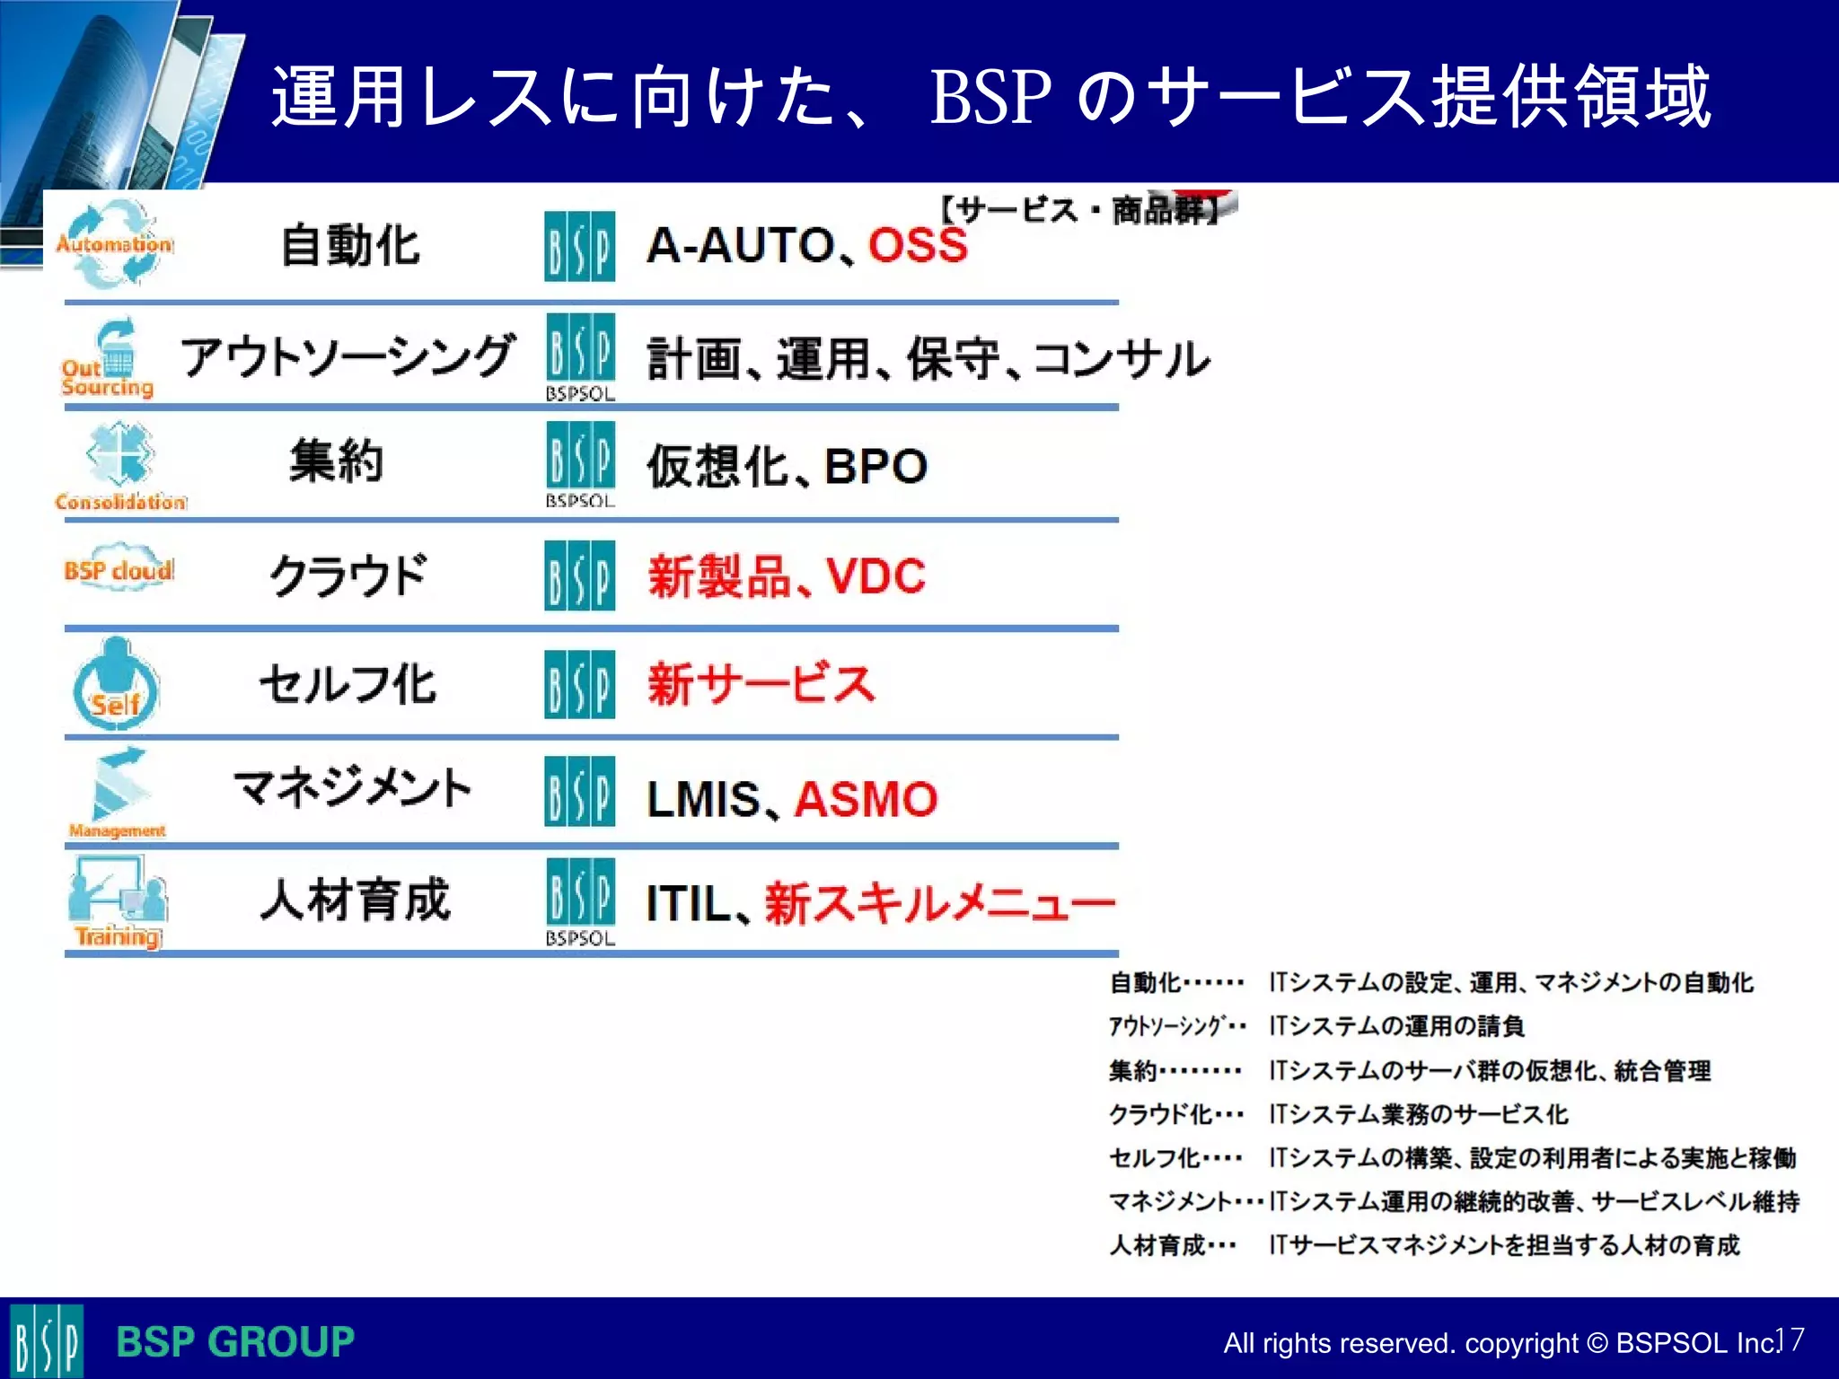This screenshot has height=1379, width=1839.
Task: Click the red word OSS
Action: coord(918,244)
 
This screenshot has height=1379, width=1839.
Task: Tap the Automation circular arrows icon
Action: coord(115,244)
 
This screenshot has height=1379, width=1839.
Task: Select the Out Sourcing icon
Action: coord(109,359)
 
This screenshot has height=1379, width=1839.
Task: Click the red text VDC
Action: coord(876,575)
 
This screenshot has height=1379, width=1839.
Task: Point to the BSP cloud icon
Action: coord(119,568)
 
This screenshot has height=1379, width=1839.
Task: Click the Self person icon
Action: coord(116,684)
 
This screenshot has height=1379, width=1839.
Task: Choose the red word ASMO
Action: coord(866,798)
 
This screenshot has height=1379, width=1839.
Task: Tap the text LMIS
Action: coord(703,798)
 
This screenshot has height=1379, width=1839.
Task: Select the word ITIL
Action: coord(688,903)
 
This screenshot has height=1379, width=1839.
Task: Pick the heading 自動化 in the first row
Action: coord(350,245)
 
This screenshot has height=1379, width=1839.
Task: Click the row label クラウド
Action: coord(348,575)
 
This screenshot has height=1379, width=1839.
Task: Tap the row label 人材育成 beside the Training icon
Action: coord(355,900)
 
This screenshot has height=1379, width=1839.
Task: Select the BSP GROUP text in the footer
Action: coord(235,1342)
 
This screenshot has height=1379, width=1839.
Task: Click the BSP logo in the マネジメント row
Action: coord(579,791)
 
